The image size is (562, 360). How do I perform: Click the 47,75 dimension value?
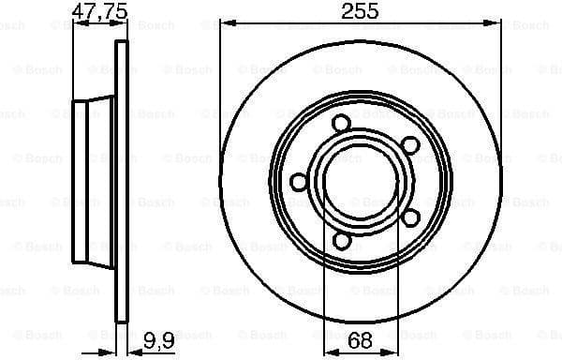pyautogui.click(x=97, y=13)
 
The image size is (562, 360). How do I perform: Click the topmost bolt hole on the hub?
pyautogui.click(x=341, y=123)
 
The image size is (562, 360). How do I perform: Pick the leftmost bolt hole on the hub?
pyautogui.click(x=299, y=181)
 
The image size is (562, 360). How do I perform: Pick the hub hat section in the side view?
pyautogui.click(x=94, y=181)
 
